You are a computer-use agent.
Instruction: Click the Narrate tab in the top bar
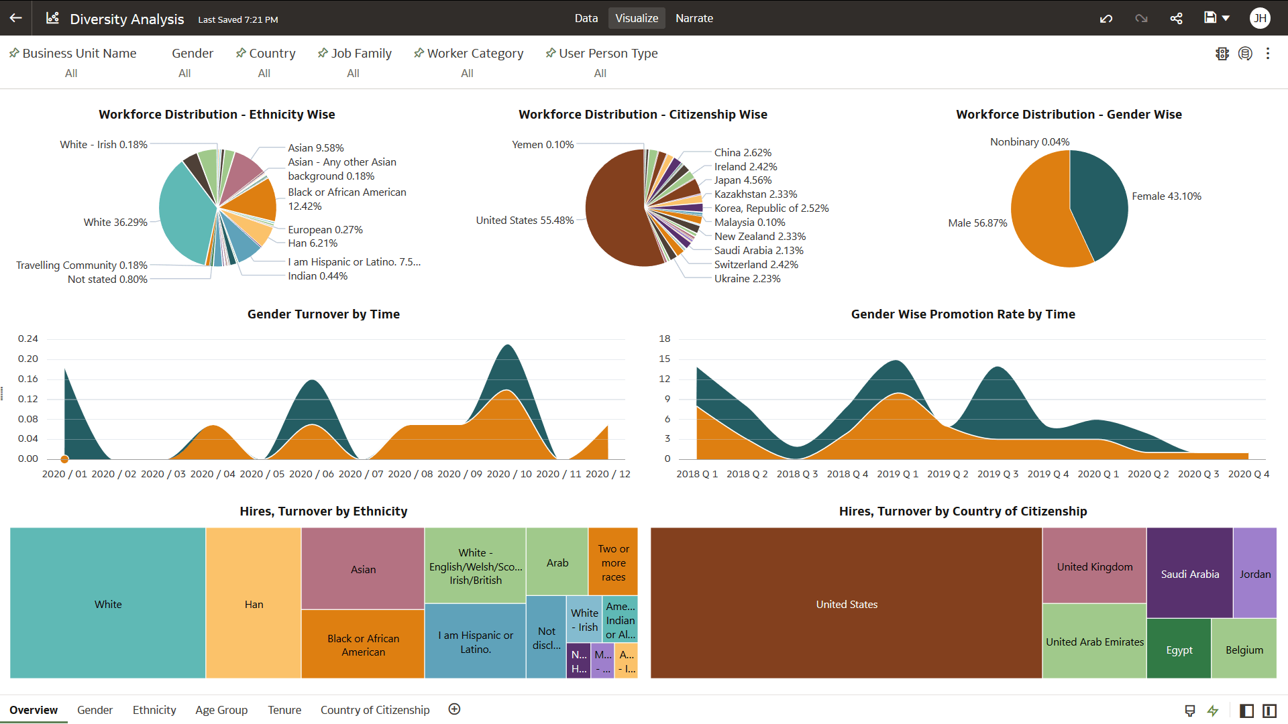click(x=694, y=18)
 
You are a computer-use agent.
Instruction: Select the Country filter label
click(x=272, y=53)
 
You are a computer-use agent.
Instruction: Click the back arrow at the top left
click(x=16, y=18)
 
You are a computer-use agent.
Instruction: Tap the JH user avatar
click(x=1260, y=18)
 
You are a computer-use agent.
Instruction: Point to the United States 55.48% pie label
click(x=525, y=220)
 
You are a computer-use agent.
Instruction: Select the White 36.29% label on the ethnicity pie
click(x=115, y=222)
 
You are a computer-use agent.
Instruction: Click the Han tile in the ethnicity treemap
click(x=254, y=603)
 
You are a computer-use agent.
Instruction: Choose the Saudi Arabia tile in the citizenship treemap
click(x=1189, y=574)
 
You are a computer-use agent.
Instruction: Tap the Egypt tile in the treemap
click(x=1179, y=650)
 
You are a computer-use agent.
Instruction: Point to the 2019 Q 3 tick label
click(x=998, y=474)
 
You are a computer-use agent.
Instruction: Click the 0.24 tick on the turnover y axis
click(x=28, y=339)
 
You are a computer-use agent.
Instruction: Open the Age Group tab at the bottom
click(x=221, y=710)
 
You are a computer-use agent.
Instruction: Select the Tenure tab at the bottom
click(x=284, y=710)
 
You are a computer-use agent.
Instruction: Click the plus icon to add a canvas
click(x=454, y=709)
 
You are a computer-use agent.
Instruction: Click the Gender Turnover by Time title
click(x=323, y=314)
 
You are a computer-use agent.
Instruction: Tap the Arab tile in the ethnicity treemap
click(x=557, y=562)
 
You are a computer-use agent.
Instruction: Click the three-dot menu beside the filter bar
click(x=1267, y=54)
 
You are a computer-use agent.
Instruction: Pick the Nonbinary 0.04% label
click(x=1029, y=141)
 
